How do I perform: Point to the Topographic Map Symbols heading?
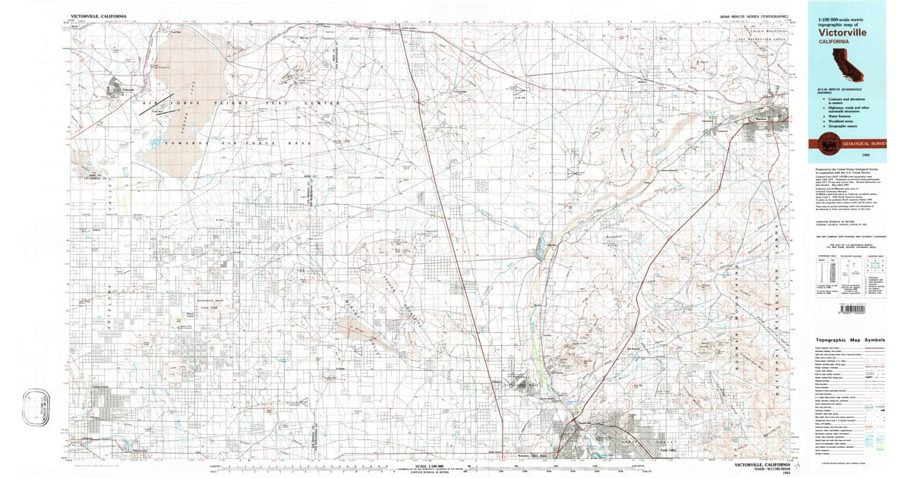(850, 341)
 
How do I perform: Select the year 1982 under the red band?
(876, 153)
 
